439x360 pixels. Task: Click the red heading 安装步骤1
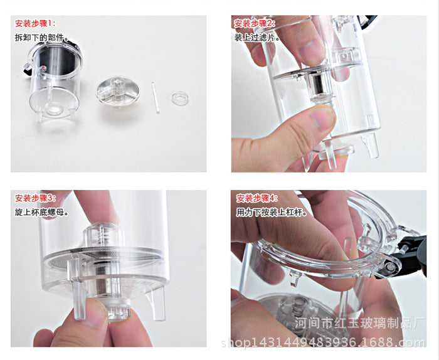[35, 23]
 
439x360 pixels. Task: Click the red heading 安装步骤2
[255, 23]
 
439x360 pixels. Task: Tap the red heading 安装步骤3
[35, 198]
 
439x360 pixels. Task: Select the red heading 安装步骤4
[257, 198]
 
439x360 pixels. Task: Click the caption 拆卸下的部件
[42, 38]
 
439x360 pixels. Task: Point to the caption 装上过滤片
[257, 38]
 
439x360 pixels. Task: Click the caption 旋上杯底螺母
[42, 212]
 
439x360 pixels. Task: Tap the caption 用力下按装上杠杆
[272, 212]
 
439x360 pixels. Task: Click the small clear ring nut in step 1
[180, 98]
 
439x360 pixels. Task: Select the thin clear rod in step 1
[156, 98]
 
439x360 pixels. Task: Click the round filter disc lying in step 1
[118, 91]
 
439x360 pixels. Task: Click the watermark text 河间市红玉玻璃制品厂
[360, 324]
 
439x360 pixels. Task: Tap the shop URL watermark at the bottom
[323, 342]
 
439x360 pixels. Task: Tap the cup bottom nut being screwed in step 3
[118, 309]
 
